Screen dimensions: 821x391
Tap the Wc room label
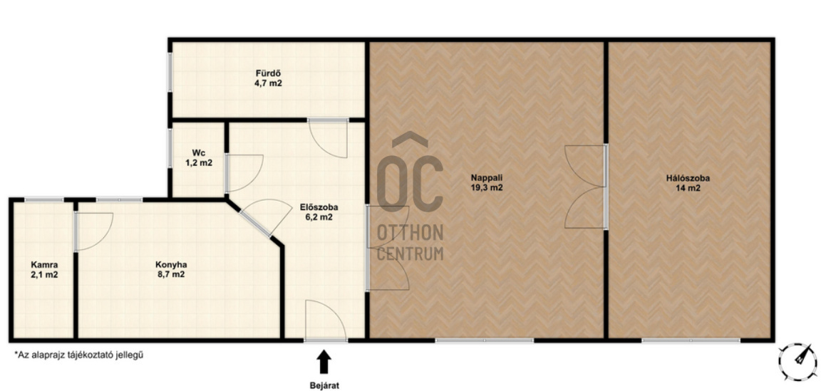(x=198, y=153)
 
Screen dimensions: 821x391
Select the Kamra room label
(x=44, y=265)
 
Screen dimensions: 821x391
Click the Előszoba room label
(x=315, y=207)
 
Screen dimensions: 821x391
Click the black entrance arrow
(x=325, y=362)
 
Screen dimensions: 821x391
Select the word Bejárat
(x=325, y=386)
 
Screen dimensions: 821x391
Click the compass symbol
(x=797, y=360)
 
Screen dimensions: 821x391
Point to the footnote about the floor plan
(x=79, y=355)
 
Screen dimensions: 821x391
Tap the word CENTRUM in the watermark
(x=410, y=254)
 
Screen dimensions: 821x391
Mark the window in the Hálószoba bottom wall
(x=691, y=340)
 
